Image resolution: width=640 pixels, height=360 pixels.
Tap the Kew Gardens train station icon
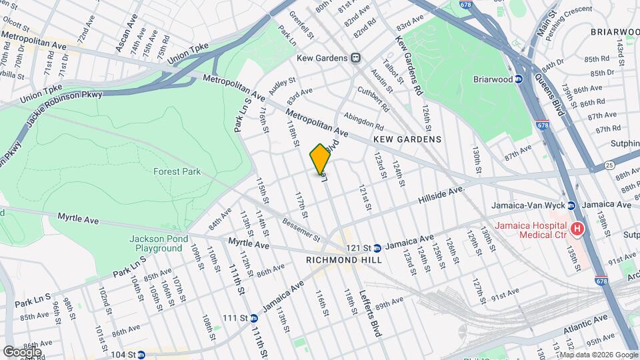(356, 58)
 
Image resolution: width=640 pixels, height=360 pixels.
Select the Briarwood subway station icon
(519, 79)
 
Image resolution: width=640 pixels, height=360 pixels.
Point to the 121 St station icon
(377, 247)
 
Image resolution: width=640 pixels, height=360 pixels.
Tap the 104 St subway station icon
(141, 355)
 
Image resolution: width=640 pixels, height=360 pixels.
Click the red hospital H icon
(577, 230)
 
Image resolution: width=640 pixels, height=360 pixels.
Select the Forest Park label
(177, 171)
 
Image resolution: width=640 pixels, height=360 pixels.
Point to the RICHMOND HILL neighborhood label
(344, 260)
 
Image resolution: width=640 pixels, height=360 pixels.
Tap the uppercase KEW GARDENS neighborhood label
(407, 139)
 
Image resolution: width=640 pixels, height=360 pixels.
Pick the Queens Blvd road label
(549, 95)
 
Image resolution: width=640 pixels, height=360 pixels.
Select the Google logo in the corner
(22, 351)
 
